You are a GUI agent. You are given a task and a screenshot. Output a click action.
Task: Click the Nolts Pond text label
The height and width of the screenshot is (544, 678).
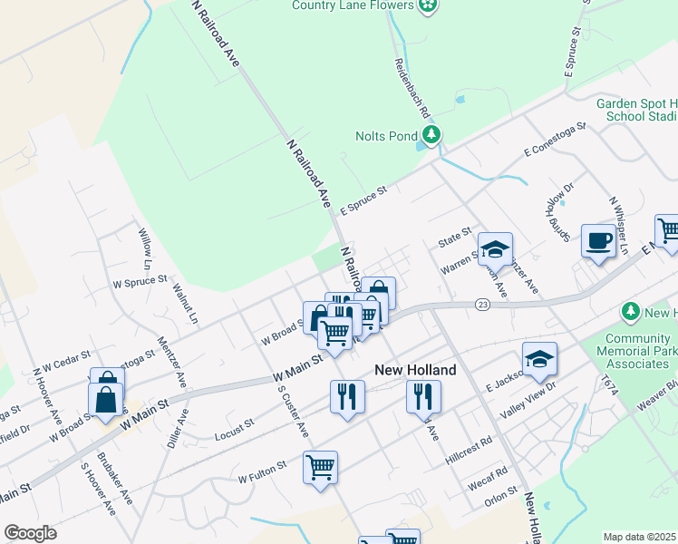(x=385, y=137)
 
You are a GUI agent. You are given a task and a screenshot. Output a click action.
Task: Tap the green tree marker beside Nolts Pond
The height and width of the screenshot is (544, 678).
(x=432, y=136)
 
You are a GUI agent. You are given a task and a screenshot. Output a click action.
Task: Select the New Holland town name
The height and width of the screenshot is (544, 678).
(x=415, y=370)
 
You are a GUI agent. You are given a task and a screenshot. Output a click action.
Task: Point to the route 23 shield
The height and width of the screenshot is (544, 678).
(x=482, y=305)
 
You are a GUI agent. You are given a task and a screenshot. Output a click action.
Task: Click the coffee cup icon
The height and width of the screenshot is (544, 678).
(x=597, y=241)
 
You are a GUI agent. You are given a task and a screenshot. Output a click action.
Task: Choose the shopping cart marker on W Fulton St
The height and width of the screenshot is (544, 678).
(x=320, y=468)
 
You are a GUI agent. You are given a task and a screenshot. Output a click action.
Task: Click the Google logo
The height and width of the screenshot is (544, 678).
(x=30, y=533)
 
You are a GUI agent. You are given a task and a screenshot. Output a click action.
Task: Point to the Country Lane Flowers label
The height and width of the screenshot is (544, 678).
(x=354, y=5)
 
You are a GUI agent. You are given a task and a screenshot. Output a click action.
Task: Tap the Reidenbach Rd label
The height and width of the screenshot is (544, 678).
(x=410, y=90)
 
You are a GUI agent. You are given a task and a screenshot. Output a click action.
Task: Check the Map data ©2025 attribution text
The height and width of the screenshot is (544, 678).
(x=640, y=537)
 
